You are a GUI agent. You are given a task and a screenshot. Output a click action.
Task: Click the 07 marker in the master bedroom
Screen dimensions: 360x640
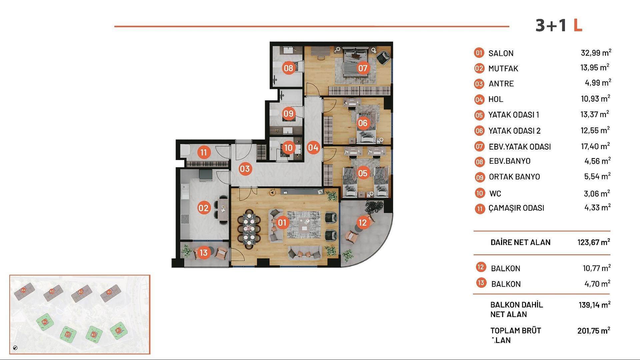point(363,68)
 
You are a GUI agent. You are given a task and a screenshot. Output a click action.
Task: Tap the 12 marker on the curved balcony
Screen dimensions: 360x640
point(362,222)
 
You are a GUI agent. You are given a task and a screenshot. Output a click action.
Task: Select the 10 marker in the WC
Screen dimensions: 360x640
point(288,148)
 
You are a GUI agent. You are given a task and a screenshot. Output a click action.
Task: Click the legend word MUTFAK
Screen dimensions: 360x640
point(503,69)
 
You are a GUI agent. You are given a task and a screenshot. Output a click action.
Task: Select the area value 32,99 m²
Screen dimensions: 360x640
point(596,53)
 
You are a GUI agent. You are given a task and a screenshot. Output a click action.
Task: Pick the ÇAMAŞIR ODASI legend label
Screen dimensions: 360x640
point(516,208)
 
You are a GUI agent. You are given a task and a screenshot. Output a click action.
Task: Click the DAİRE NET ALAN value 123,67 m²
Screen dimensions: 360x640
point(593,242)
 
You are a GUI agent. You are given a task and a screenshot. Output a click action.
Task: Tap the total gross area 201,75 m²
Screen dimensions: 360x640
point(593,331)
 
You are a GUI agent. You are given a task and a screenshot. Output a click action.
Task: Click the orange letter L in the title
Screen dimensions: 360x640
point(578,25)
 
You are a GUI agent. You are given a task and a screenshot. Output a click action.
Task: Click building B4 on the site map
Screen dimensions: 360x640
point(45,322)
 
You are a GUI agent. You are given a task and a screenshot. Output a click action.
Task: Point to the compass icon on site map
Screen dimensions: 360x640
point(15,348)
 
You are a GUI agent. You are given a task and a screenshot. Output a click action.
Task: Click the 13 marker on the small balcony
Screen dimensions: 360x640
point(203,253)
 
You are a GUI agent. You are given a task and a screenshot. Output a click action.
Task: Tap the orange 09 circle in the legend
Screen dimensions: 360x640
point(480,177)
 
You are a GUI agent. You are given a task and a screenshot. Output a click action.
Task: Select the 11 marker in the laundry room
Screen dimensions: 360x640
point(203,153)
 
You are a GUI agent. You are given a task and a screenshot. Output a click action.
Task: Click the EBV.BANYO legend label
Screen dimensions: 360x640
point(509,161)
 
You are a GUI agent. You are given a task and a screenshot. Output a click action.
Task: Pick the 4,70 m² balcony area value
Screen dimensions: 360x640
point(597,284)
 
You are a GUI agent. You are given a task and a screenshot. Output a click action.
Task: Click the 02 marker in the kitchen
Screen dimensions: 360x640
point(203,208)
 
